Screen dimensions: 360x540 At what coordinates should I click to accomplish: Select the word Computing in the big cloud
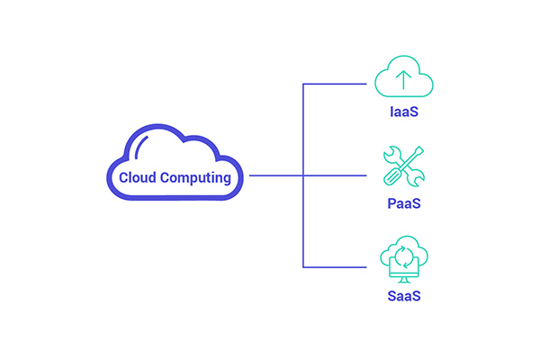click(195, 178)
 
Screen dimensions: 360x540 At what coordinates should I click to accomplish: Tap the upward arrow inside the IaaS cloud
click(402, 79)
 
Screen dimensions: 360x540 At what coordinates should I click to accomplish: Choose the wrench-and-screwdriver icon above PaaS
click(402, 166)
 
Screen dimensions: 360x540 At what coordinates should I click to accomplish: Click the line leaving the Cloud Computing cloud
click(274, 175)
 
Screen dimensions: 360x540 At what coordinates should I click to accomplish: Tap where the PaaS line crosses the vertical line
click(303, 175)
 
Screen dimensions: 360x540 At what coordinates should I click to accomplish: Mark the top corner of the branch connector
click(303, 85)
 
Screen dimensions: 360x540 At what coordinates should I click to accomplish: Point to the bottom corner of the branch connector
click(303, 266)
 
